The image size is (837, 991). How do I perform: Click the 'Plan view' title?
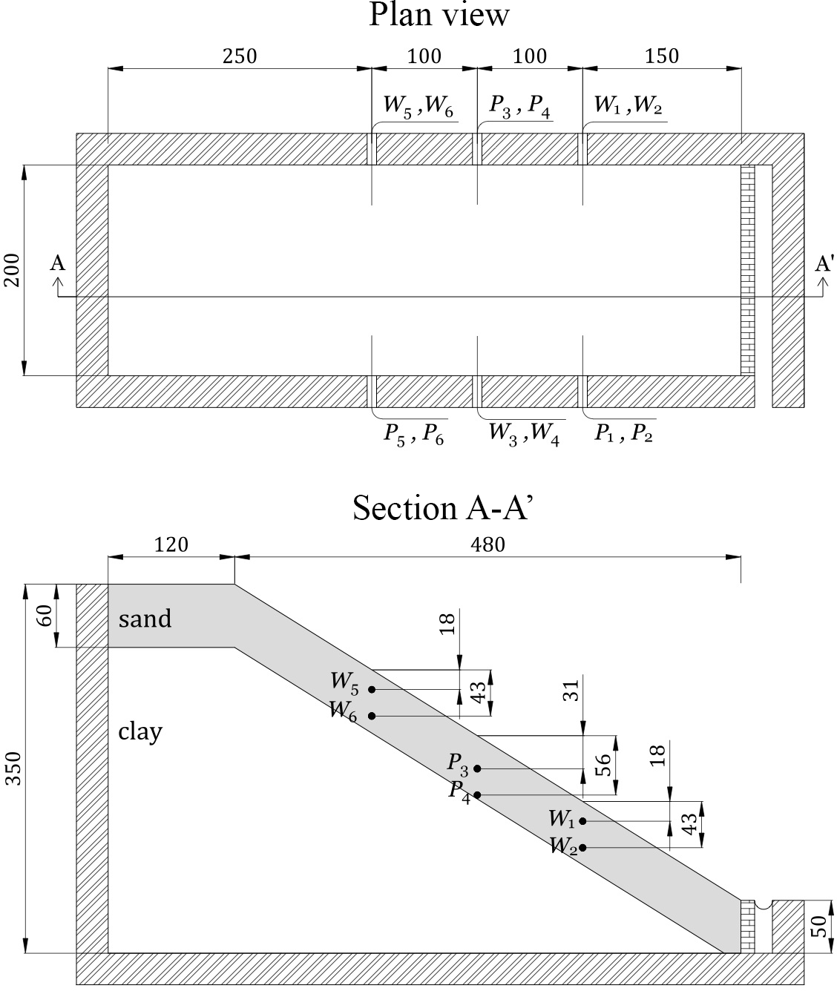click(x=439, y=15)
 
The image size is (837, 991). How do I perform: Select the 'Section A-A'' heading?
click(x=443, y=509)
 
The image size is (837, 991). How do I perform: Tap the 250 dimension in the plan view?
click(x=240, y=56)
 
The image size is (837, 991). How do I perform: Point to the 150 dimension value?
click(x=662, y=56)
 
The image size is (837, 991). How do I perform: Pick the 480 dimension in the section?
click(x=488, y=544)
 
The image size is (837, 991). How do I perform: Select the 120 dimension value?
click(x=171, y=544)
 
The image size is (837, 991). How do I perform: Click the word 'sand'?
click(x=145, y=618)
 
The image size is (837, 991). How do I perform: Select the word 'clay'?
click(x=140, y=731)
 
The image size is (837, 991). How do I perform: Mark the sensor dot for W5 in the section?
click(x=372, y=689)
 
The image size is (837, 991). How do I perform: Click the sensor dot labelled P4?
click(x=477, y=795)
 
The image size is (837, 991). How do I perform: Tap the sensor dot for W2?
click(x=582, y=847)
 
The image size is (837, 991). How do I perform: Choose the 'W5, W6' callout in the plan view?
click(x=418, y=107)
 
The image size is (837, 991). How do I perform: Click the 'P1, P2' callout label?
click(x=623, y=434)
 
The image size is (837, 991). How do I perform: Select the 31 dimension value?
click(x=571, y=691)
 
